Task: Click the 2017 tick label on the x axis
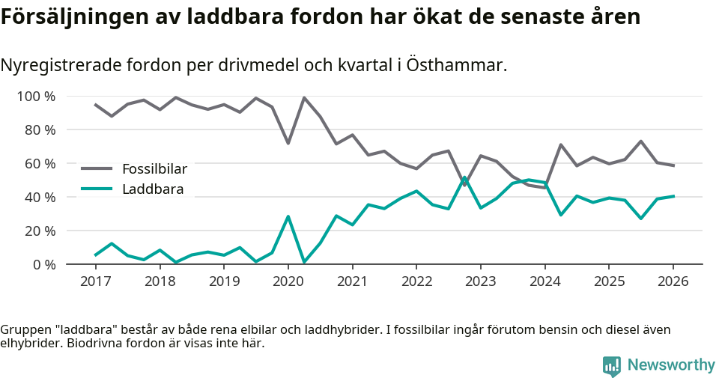click(x=95, y=281)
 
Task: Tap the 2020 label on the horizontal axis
click(x=288, y=281)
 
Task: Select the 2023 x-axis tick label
click(x=480, y=281)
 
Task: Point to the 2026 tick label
click(x=673, y=281)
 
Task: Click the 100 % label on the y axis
click(x=37, y=97)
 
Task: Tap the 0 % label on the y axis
click(x=44, y=265)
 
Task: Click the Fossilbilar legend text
click(x=154, y=168)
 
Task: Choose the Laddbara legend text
click(x=152, y=189)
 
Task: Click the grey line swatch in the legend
click(x=97, y=168)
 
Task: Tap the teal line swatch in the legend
click(x=97, y=189)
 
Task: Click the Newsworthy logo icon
click(x=612, y=365)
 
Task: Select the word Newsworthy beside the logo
click(x=671, y=365)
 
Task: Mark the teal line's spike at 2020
click(x=288, y=216)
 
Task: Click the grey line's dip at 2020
click(x=288, y=143)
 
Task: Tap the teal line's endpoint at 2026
click(x=673, y=196)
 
